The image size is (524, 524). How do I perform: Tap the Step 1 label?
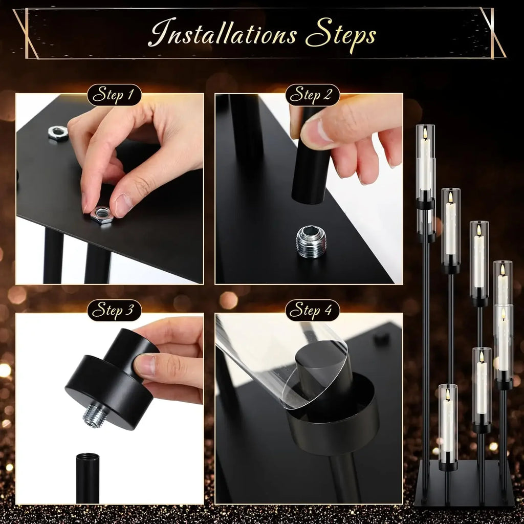114,95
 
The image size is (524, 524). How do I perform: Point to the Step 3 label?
114,311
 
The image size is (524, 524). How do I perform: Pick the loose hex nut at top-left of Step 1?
58,134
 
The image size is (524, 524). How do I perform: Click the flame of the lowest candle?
447,395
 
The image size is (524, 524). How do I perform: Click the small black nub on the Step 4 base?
381,338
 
